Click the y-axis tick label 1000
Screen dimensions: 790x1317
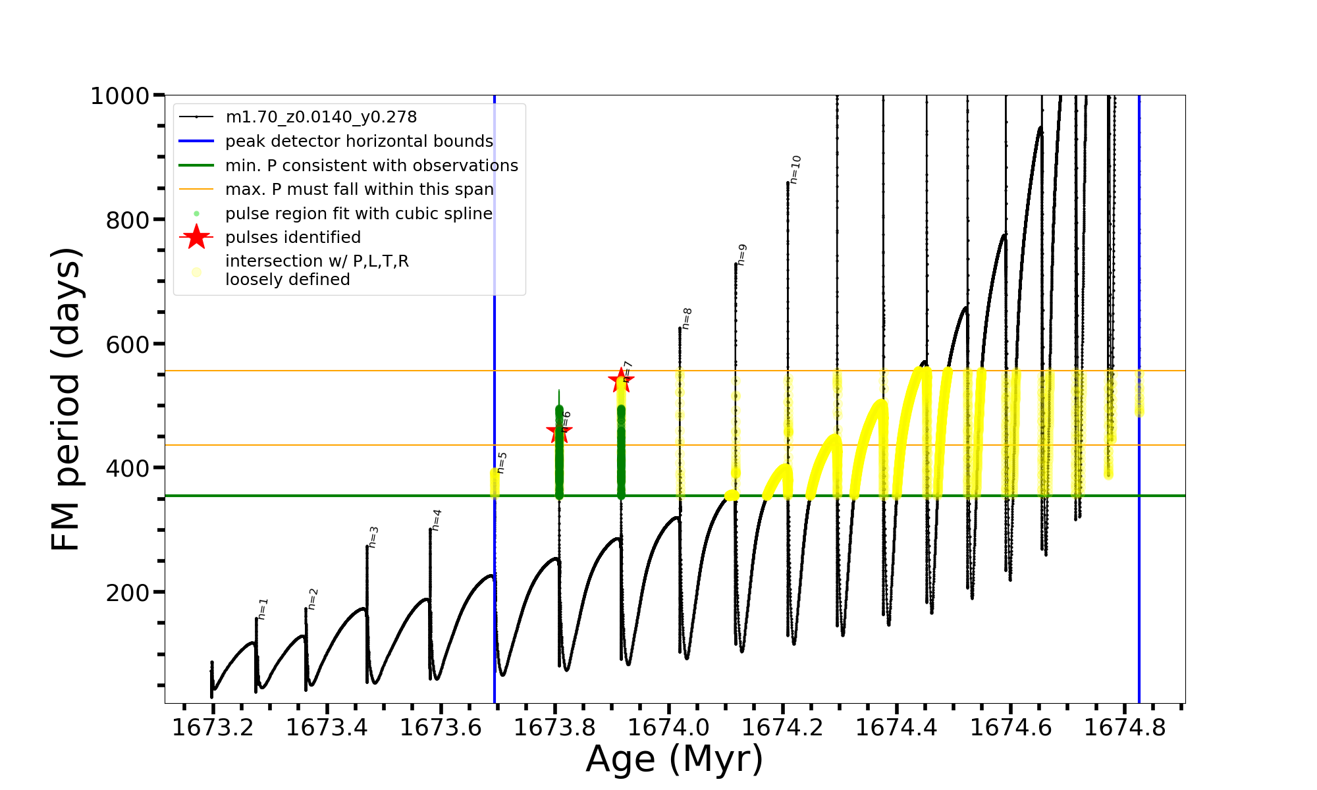click(120, 96)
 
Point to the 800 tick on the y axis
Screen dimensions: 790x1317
click(128, 220)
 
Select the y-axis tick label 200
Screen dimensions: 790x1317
click(128, 592)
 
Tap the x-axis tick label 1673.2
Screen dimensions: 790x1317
click(213, 727)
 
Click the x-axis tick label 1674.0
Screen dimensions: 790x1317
click(668, 727)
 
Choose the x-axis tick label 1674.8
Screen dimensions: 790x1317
click(1124, 727)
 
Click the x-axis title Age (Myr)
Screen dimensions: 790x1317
click(674, 759)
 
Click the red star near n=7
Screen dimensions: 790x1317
click(620, 380)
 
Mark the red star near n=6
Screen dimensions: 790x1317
click(559, 432)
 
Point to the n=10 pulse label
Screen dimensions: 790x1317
click(795, 169)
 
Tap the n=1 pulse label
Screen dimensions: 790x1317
click(263, 609)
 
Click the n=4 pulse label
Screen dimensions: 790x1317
click(436, 520)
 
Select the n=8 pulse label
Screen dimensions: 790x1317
click(686, 319)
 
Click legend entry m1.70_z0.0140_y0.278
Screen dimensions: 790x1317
click(321, 117)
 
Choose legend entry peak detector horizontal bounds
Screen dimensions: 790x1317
click(359, 142)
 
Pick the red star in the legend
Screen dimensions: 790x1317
click(196, 237)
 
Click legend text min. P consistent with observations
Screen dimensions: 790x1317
click(371, 165)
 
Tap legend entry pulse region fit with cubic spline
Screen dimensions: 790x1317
click(358, 214)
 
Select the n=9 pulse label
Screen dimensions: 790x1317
click(741, 255)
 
